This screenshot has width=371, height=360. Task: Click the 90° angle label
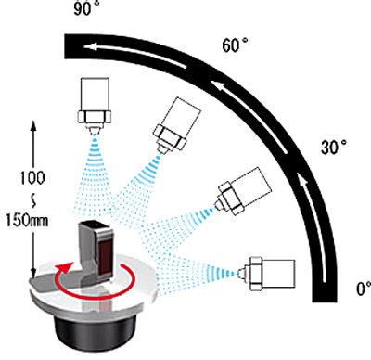pyautogui.click(x=87, y=7)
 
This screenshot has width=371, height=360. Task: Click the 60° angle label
pyautogui.click(x=236, y=45)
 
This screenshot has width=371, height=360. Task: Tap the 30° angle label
pyautogui.click(x=334, y=147)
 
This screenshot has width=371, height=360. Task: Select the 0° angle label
pyautogui.click(x=364, y=289)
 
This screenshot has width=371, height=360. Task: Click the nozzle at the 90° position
pyautogui.click(x=95, y=106)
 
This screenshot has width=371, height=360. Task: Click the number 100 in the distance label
pyautogui.click(x=32, y=178)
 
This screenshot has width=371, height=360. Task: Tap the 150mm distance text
pyautogui.click(x=27, y=221)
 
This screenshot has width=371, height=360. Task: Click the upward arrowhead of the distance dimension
pyautogui.click(x=33, y=125)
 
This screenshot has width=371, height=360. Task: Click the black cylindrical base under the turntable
pyautogui.click(x=95, y=331)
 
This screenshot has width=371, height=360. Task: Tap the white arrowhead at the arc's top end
pyautogui.click(x=89, y=47)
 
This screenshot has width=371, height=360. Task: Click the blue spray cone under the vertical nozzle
pyautogui.click(x=94, y=174)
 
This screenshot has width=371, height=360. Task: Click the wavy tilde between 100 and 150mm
pyautogui.click(x=33, y=201)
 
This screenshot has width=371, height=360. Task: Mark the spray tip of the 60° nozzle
pyautogui.click(x=160, y=151)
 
